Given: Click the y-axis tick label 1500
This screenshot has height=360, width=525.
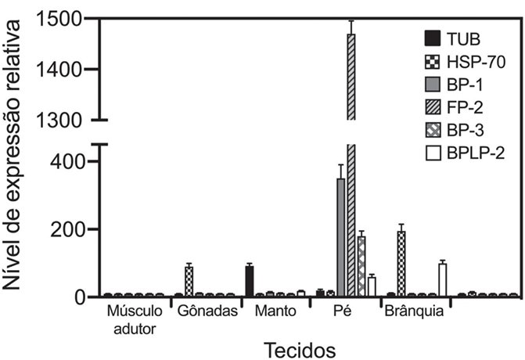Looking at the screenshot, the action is click(59, 19).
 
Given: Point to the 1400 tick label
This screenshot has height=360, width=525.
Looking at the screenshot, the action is click(59, 70).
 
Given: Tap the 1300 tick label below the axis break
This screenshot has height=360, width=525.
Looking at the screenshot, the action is click(59, 120).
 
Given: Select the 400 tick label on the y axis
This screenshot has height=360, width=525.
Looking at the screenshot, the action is click(66, 162).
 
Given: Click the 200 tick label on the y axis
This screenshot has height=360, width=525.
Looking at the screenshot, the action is click(66, 230).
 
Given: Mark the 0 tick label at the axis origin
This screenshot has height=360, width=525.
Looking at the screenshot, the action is click(79, 297).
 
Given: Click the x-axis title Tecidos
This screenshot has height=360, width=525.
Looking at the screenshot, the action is click(300, 350).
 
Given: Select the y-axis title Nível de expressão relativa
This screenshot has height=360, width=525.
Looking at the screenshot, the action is click(11, 155).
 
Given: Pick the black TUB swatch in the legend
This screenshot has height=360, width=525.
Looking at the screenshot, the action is click(433, 38).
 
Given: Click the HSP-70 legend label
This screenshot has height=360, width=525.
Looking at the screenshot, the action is click(476, 62).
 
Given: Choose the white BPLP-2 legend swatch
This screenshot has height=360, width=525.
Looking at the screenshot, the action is click(433, 153).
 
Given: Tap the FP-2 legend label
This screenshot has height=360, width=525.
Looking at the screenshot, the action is click(465, 107).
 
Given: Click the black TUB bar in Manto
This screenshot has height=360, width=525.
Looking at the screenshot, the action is click(250, 281).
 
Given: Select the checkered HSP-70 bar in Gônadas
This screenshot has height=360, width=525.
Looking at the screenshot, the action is click(189, 282).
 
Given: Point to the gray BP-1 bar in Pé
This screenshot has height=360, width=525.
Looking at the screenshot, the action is click(341, 237).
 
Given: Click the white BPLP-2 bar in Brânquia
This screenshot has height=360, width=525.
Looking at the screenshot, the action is click(443, 280).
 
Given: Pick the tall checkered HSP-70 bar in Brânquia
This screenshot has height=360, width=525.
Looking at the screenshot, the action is click(401, 264).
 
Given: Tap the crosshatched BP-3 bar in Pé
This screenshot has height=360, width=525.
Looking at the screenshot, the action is click(361, 267).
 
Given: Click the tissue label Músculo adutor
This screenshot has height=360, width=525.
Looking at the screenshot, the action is click(135, 320).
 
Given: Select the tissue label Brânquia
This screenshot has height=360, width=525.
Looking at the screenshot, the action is click(414, 311).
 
